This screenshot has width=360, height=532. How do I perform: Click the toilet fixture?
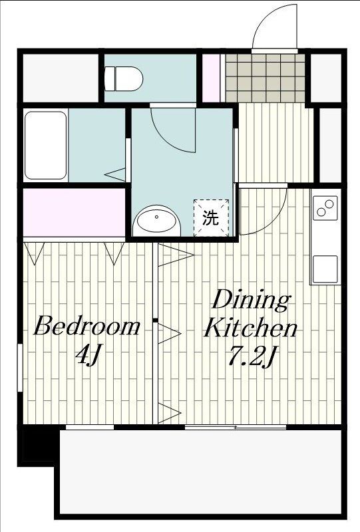tap(124, 78)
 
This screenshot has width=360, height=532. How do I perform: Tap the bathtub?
tap(46, 145)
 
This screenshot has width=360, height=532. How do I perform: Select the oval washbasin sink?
tap(157, 221)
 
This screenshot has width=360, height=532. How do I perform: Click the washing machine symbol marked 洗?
tap(210, 217)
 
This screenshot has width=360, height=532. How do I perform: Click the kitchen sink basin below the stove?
tap(325, 268)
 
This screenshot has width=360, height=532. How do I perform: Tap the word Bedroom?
tap(87, 327)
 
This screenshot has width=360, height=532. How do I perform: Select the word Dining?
tap(251, 301)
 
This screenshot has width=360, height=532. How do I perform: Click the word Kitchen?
tap(250, 328)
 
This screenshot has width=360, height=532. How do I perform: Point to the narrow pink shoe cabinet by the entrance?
tap(211, 78)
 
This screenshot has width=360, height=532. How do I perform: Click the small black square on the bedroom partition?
tap(154, 322)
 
